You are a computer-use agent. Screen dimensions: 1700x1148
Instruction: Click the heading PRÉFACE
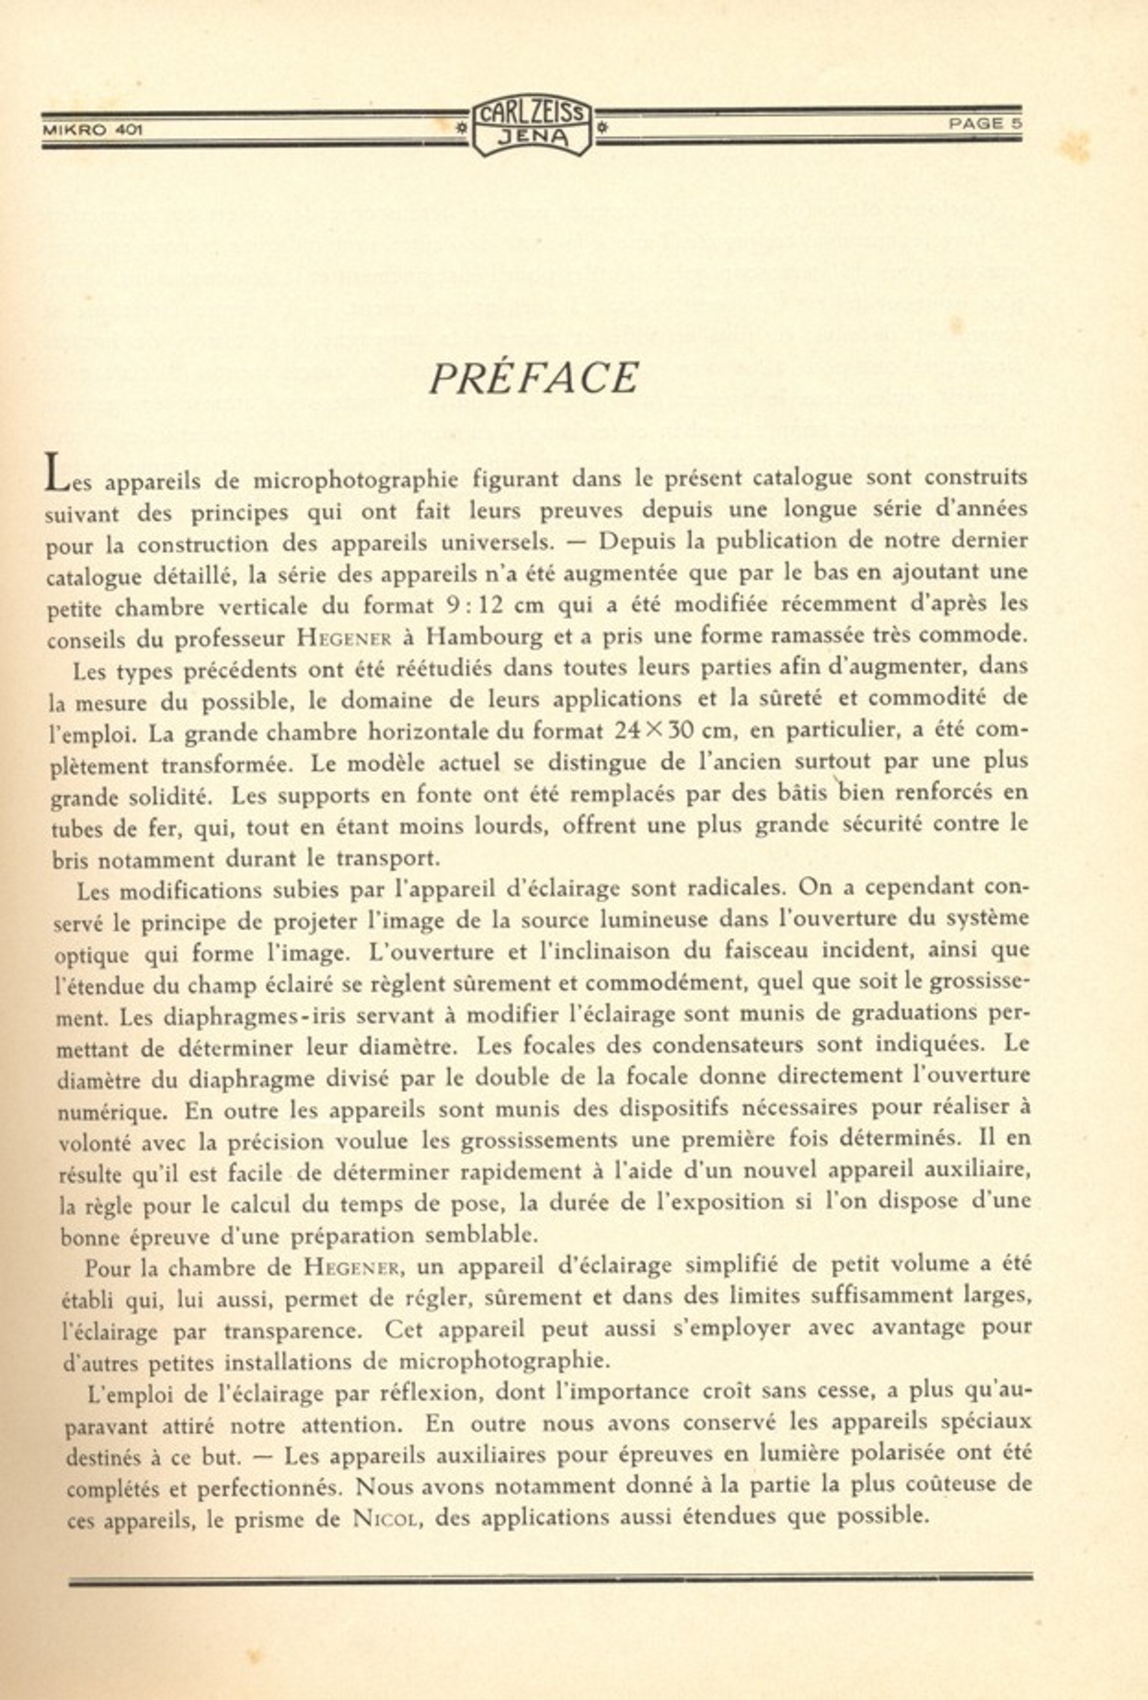pyautogui.click(x=534, y=378)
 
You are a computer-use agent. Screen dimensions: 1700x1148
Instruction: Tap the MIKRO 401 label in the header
pyautogui.click(x=92, y=130)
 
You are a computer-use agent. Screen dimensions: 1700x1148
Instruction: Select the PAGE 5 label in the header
pyautogui.click(x=985, y=123)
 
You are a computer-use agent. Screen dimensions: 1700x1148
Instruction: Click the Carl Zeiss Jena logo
pyautogui.click(x=532, y=126)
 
